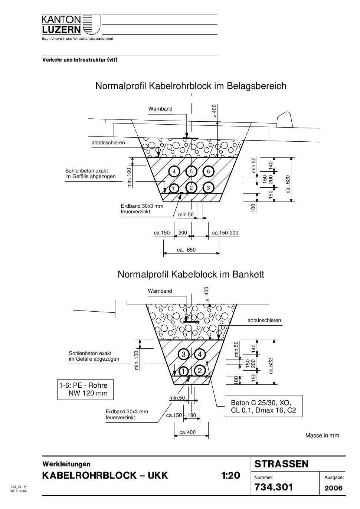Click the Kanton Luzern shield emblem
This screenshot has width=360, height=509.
pos(91,24)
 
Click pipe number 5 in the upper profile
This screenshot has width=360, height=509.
pos(191,171)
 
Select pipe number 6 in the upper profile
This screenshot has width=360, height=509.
pos(209,171)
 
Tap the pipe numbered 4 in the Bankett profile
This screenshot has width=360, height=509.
pos(200,354)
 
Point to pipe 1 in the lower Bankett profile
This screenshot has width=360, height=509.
pos(183,371)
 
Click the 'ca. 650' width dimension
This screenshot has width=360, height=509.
pos(186,250)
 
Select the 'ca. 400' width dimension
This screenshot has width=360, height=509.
pos(187,433)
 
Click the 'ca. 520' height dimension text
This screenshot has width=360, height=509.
pos(288,184)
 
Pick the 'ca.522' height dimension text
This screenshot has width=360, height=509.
pos(271,366)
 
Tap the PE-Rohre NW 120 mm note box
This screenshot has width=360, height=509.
pos(85,389)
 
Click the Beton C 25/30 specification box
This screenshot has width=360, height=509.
pos(264,406)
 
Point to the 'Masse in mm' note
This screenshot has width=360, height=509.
pos(322,436)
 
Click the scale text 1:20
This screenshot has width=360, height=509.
pos(231,476)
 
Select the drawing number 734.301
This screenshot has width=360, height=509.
pos(274,487)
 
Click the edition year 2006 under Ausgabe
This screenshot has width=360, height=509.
pos(334,488)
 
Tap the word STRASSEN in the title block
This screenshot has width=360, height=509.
pos(282,464)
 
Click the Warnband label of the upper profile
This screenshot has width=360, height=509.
pos(160,109)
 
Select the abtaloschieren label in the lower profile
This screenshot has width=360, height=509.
pos(264,321)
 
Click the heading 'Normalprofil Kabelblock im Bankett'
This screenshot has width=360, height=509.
pos(191,275)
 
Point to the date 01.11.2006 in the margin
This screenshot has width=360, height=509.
pos(19,491)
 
